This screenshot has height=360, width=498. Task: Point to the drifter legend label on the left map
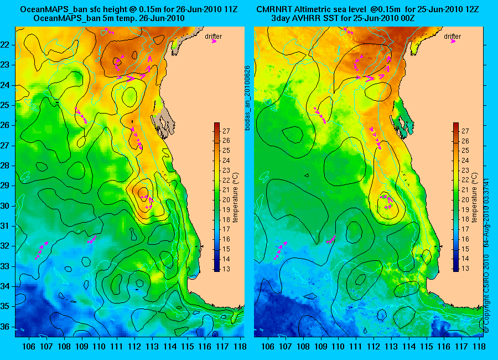click(213, 37)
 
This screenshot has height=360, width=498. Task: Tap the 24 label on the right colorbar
click(465, 161)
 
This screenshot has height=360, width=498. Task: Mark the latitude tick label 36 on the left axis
click(7, 326)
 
